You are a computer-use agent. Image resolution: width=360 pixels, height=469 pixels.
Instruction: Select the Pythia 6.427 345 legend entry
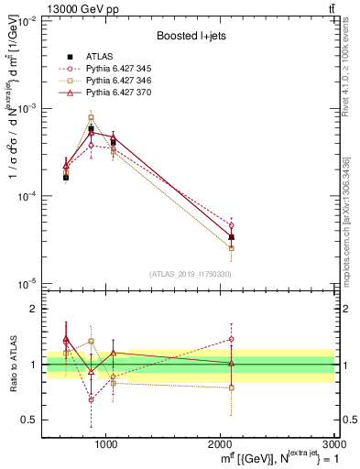115,70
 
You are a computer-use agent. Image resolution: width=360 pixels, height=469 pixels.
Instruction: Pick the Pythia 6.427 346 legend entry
115,82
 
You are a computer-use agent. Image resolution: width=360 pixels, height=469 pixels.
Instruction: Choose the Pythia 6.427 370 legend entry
115,93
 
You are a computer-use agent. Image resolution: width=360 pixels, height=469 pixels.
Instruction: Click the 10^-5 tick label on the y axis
28,284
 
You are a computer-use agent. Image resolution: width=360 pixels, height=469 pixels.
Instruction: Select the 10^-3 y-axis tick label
28,108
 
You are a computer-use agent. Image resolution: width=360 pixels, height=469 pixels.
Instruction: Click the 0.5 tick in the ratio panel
30,420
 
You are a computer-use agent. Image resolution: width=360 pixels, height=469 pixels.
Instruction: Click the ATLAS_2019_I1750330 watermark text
191,274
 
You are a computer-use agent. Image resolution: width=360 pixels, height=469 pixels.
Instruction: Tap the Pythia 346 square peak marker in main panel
91,117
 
